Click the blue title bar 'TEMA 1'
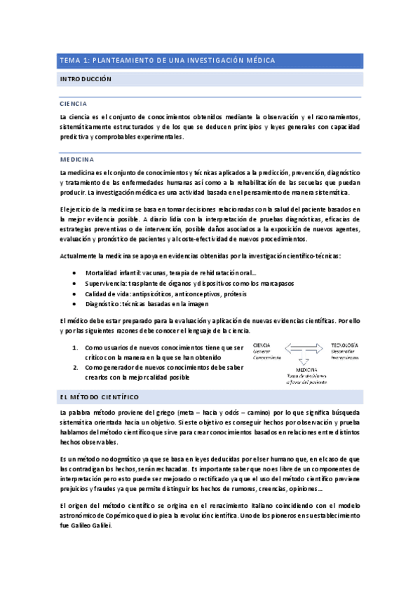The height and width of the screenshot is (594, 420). (210, 61)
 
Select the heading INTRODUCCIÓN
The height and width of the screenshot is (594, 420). (86, 81)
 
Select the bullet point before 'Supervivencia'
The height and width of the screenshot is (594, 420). (75, 283)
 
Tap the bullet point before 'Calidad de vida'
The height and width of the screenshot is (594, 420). (75, 293)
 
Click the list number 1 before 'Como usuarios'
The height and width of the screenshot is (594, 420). (76, 347)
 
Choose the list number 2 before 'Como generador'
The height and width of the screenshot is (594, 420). (76, 366)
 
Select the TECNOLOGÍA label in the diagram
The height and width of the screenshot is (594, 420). (344, 345)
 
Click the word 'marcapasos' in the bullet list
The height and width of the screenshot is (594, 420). (274, 283)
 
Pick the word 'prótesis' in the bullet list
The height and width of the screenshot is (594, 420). (228, 293)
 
